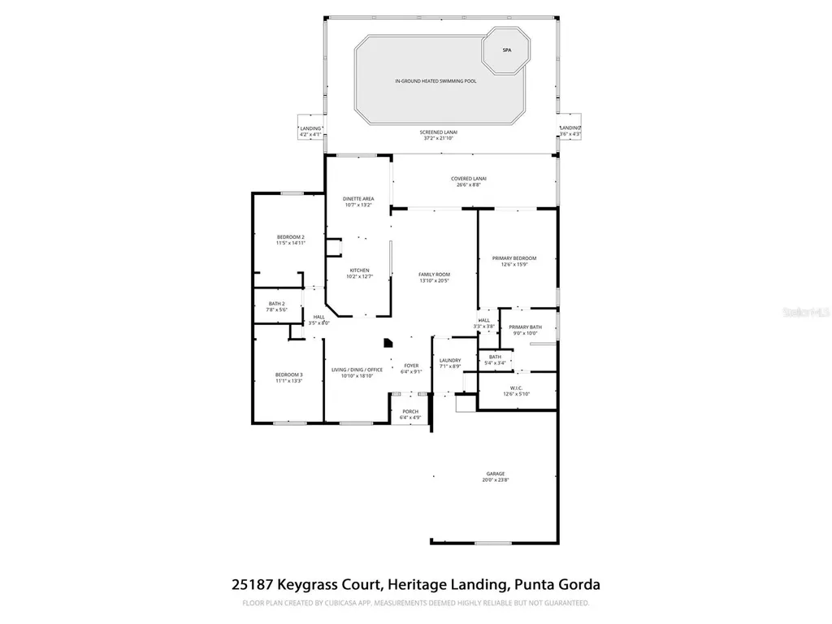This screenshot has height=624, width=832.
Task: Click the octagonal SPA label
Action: coord(506,50)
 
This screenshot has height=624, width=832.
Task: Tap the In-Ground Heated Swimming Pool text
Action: coord(435,81)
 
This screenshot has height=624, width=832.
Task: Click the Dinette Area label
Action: coord(358,198)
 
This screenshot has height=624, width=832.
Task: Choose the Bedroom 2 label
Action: coord(290,236)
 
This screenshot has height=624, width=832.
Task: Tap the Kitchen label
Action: coord(359,271)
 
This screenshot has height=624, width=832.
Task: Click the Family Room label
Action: coord(434,275)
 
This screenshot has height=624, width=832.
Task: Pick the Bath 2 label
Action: coord(276,304)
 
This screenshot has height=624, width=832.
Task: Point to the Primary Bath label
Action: coord(526,327)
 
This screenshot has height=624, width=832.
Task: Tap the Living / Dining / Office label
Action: coord(357,370)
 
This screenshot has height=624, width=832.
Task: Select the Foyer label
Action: coord(411,366)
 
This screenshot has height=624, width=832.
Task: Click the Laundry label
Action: coord(450,360)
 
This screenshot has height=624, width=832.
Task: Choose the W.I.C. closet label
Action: coord(516,388)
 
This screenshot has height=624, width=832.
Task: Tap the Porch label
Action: coord(410,411)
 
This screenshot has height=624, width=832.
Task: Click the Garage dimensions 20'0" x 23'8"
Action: coord(496,480)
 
